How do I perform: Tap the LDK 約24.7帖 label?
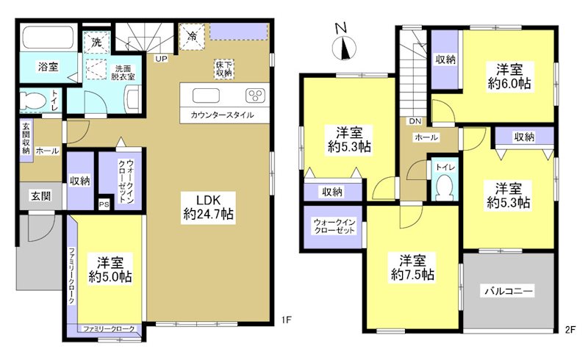(x=208, y=207)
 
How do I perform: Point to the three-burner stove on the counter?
(x=255, y=95)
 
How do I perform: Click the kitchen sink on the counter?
(x=205, y=95)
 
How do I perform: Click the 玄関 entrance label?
(x=40, y=196)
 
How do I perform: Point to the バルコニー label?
(x=508, y=291)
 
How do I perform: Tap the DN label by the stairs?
(x=415, y=121)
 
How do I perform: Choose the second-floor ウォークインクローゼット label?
(x=334, y=226)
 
